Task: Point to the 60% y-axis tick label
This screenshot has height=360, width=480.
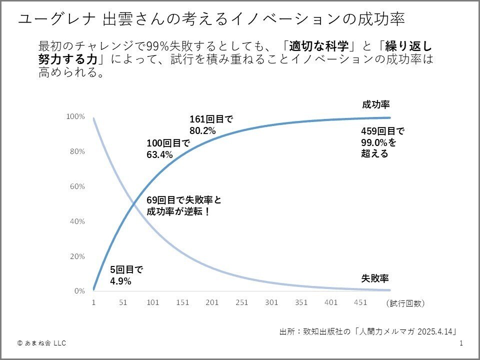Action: tap(76, 186)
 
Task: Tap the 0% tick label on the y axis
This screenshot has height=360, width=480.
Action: tap(79, 291)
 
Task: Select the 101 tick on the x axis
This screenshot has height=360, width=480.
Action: tap(152, 302)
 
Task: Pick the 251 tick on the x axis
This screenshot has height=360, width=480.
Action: tap(241, 302)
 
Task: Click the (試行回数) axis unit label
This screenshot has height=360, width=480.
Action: tap(405, 303)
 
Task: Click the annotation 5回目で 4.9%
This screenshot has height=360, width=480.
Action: tap(126, 275)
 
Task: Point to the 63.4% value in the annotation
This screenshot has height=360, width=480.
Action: tap(159, 155)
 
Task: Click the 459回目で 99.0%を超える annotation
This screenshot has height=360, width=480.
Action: tap(382, 142)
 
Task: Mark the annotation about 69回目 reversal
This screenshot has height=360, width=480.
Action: tap(183, 205)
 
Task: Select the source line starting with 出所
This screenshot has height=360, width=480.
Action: tap(368, 331)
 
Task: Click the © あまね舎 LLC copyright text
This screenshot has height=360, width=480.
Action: tap(41, 343)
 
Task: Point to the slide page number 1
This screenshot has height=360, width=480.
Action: tap(461, 343)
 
